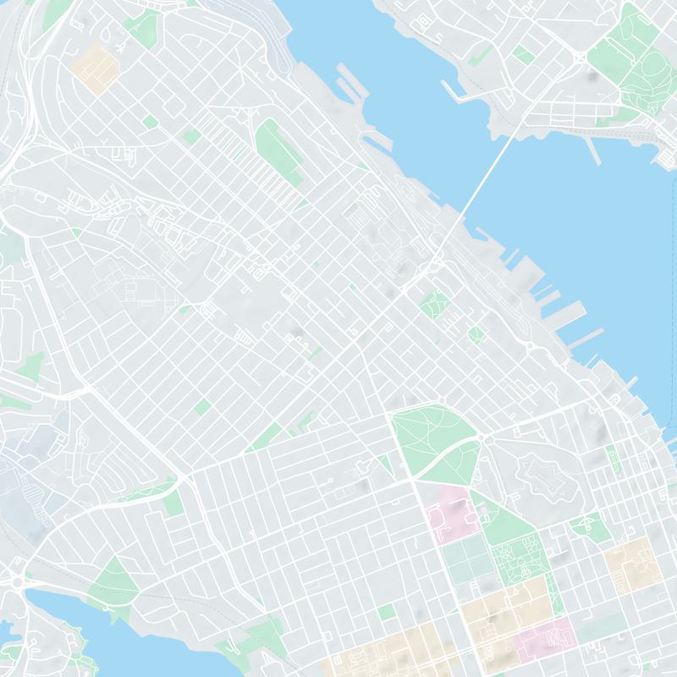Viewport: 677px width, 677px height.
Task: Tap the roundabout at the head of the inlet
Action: pyautogui.click(x=17, y=582)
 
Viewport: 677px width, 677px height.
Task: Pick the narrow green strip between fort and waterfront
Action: pyautogui.click(x=612, y=458)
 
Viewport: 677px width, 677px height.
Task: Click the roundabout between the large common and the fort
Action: pyautogui.click(x=481, y=438)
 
